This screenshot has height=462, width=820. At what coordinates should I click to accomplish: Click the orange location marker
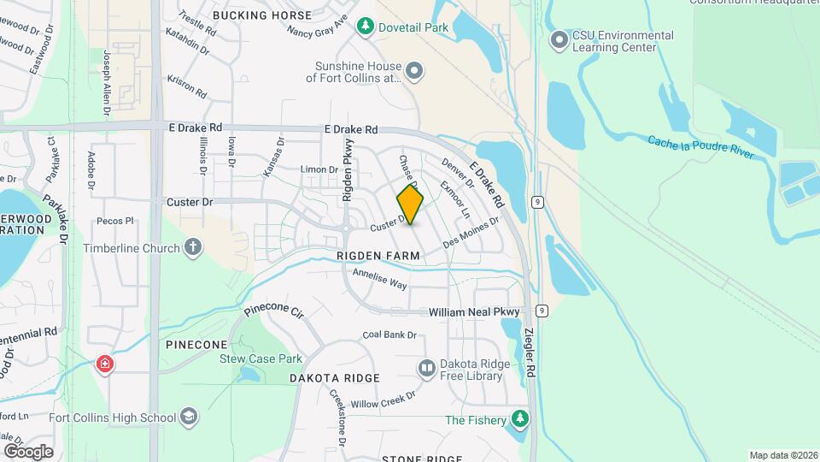(410, 204)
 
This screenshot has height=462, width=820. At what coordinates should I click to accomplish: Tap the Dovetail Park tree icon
(366, 27)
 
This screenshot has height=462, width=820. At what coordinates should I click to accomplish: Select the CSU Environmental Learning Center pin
(560, 40)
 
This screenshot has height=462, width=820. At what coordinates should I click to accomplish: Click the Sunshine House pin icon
(414, 71)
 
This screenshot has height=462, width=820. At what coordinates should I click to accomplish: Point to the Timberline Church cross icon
(193, 248)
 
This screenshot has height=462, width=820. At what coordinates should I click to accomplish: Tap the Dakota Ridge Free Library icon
(426, 369)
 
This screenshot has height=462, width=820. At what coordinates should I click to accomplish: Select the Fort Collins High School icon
(189, 418)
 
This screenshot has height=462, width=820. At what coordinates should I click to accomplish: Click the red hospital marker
(105, 365)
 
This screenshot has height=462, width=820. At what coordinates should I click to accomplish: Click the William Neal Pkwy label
(474, 312)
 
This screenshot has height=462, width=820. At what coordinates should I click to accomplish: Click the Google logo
(28, 451)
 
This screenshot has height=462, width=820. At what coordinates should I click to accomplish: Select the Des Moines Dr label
(471, 234)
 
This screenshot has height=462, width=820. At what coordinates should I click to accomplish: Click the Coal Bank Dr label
(389, 335)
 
